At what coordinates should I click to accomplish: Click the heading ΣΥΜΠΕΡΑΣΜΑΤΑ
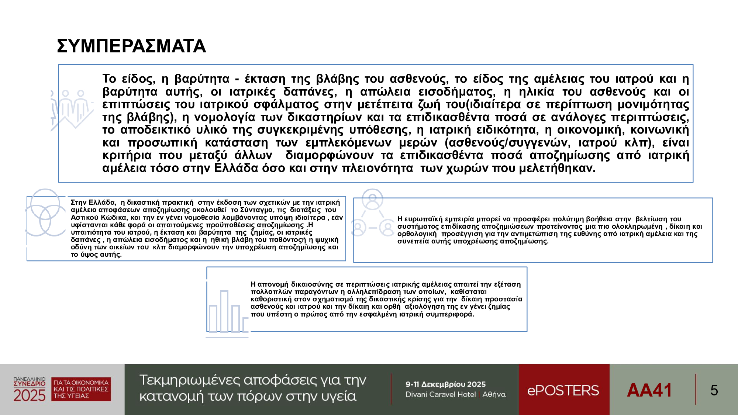pos(131,46)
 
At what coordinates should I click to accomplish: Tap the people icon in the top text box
pos(72,109)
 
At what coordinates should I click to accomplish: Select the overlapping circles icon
pos(45,213)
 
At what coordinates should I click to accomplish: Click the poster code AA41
pos(649,390)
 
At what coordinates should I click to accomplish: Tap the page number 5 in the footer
pos(714,390)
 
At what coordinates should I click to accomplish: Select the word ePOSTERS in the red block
pos(563,390)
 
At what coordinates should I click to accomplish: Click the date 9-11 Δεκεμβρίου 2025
pos(445,384)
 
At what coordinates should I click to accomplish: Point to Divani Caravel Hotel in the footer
pos(441,395)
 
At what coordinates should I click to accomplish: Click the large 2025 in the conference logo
pos(30,396)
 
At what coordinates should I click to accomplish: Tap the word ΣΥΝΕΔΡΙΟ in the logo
pos(30,384)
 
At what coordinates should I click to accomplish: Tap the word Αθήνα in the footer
pos(494,395)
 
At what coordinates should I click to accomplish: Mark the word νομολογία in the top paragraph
pos(225,117)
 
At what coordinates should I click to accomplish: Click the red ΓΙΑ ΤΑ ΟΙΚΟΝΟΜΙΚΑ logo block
pos(81,389)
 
